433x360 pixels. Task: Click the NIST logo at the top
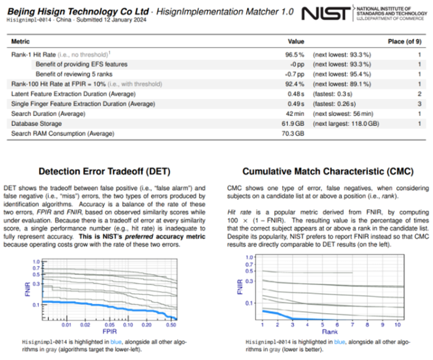[x=326, y=14]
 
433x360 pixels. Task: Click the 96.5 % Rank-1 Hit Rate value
[x=295, y=54]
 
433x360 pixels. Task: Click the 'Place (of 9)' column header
[x=404, y=41]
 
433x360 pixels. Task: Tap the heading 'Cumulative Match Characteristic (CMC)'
[x=328, y=171]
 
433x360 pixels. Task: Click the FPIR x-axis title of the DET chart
[x=109, y=331]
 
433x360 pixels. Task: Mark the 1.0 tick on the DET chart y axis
[x=36, y=262]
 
